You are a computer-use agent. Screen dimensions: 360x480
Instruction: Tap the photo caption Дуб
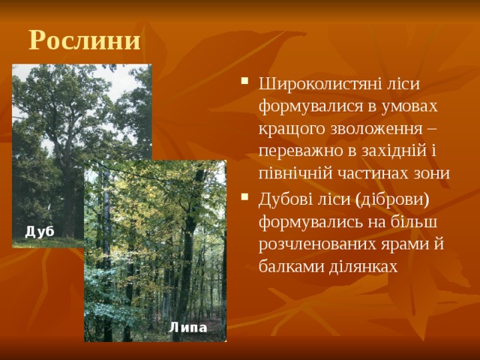[40, 232]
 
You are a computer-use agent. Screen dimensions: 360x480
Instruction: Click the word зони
[433, 173]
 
